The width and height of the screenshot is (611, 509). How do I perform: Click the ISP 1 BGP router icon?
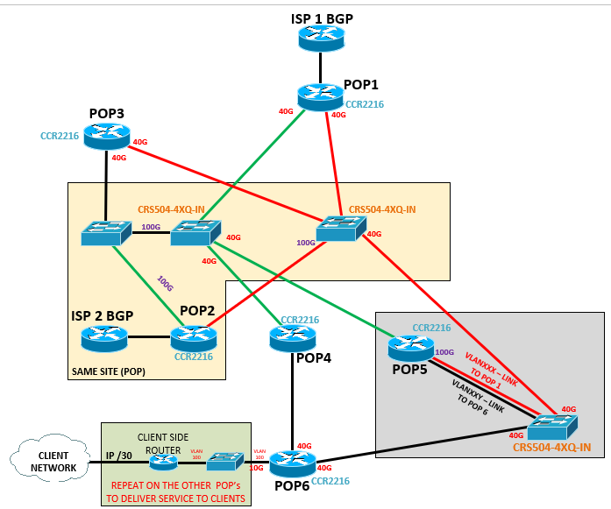point(321,37)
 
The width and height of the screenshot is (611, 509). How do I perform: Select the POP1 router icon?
point(321,96)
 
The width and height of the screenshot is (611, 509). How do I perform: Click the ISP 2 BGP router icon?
point(103,337)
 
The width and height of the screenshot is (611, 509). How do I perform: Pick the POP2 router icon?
point(193,337)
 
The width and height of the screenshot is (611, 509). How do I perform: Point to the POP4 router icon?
point(291,336)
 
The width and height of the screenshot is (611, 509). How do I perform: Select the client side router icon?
point(164,460)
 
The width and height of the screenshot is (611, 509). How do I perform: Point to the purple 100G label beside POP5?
point(444,352)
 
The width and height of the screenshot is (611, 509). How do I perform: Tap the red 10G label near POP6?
point(255,468)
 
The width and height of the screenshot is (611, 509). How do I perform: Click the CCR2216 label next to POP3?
point(60,136)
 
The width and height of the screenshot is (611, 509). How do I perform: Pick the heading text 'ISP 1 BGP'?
point(322,18)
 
